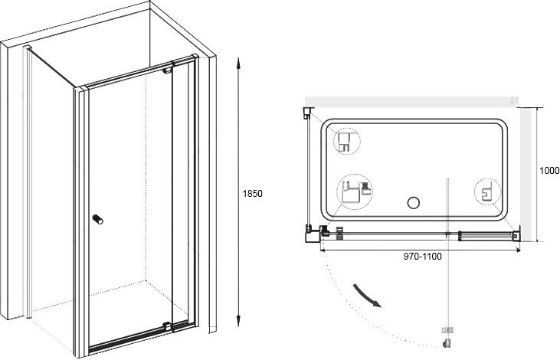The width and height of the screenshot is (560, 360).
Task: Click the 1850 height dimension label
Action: coord(253,194)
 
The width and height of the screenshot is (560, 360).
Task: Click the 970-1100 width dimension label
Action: coord(423,256)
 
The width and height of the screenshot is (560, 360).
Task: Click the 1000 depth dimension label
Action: coord(549,171)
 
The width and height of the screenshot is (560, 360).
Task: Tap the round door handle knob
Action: coord(97,219)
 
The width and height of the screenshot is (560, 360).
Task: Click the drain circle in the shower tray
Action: coord(413,202)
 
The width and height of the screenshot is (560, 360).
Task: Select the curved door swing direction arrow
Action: coord(367,296)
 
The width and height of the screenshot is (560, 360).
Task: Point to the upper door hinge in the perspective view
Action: coord(168,70)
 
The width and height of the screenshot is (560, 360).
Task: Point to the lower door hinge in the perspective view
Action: coord(167,326)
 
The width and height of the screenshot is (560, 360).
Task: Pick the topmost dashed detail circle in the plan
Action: coord(347,142)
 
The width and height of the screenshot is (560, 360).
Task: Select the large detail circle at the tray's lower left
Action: coord(355,192)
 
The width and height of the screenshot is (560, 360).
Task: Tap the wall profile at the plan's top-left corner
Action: coord(307,113)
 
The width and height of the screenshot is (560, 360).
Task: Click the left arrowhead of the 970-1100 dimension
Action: coord(323,250)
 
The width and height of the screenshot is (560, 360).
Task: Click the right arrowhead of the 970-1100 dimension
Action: coord(517,250)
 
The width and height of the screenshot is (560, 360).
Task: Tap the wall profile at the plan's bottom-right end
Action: coord(516,234)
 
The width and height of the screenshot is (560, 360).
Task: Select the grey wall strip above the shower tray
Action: coord(411,102)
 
